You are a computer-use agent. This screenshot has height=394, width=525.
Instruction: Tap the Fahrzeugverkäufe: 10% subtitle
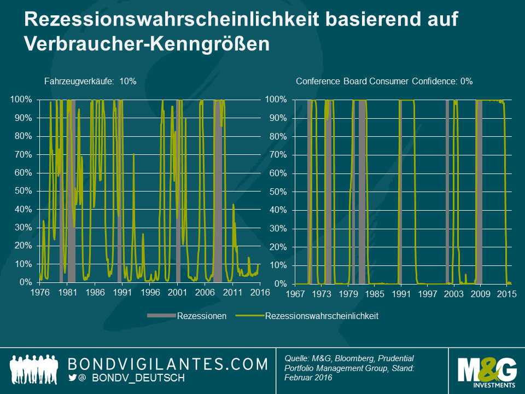click(90, 81)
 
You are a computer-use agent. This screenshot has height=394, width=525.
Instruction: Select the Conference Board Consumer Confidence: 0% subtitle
click(384, 81)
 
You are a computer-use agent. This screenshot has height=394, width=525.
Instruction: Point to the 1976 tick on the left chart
click(40, 292)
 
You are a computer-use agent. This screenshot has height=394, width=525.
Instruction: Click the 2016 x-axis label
click(260, 292)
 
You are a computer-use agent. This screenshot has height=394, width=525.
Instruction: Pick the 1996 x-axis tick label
click(150, 292)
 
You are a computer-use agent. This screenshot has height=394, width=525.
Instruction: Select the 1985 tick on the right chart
click(375, 293)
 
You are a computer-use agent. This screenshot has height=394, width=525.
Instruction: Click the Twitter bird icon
click(72, 378)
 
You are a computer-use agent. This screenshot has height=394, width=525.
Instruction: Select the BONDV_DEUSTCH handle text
click(138, 378)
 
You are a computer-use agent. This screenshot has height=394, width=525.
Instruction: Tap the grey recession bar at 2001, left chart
click(178, 192)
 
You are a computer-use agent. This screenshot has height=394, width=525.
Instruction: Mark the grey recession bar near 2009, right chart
click(479, 192)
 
